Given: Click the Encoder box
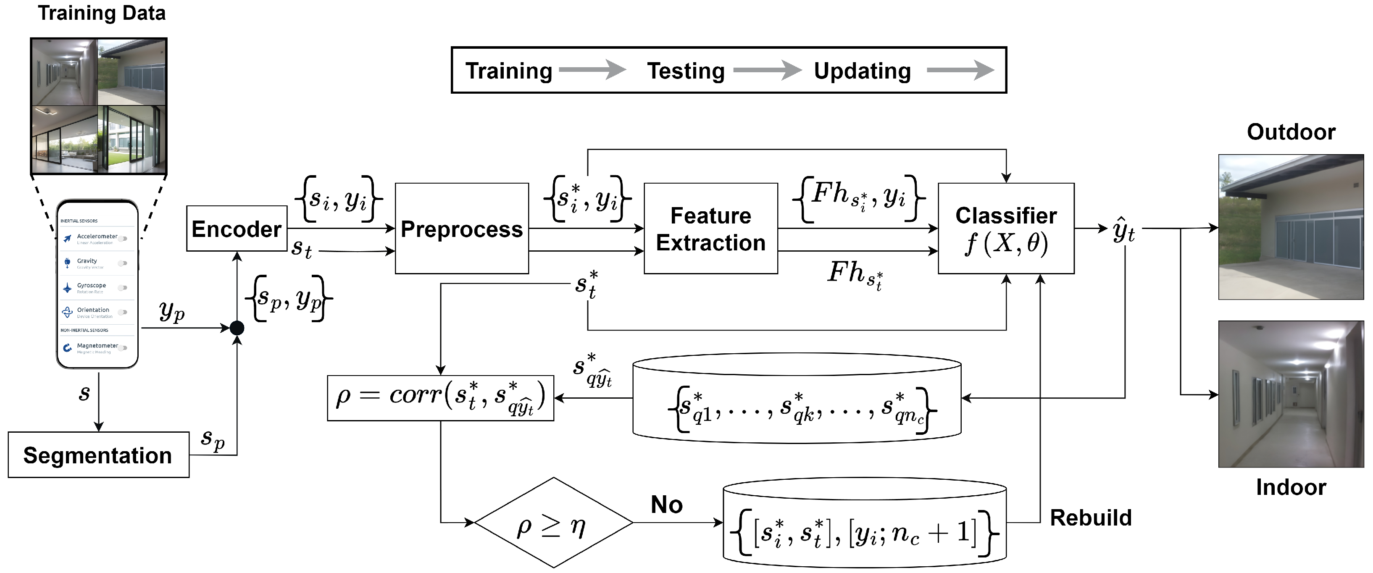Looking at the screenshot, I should [236, 229].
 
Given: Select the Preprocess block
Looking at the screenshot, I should [462, 229].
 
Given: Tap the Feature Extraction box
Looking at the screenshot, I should [710, 229].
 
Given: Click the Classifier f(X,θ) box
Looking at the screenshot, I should [1005, 229].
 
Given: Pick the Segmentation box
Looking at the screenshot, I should [98, 455].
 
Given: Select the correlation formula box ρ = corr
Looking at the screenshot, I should [440, 398].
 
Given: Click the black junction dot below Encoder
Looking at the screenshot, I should [237, 328].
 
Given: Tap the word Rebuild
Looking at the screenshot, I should [1091, 518].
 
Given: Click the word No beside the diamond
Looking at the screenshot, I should [666, 504].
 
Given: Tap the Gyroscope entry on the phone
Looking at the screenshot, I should [91, 286].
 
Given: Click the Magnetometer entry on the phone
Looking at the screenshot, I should [97, 346].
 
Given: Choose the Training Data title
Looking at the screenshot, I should [101, 13].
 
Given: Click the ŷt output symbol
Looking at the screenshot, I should [1123, 230].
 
